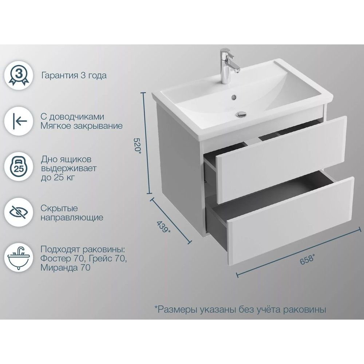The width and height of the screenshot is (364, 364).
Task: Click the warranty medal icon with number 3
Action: [19, 75]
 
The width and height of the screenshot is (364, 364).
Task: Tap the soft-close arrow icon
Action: [19, 121]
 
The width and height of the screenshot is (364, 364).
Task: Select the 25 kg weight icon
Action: [19, 166]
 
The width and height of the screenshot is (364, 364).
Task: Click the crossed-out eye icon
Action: [19, 212]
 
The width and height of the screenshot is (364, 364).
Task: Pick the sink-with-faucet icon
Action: [19, 258]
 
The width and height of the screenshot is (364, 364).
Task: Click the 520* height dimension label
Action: [138, 145]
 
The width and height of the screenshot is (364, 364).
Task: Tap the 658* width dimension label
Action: [307, 259]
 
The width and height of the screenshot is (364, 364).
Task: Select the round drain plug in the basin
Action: [241, 114]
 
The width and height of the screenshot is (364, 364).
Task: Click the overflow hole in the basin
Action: [234, 98]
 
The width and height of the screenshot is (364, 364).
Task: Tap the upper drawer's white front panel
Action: [281, 159]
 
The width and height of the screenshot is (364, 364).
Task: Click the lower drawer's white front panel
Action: [290, 221]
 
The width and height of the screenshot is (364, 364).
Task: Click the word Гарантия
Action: [60, 75]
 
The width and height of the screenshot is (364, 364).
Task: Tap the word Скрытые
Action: [59, 208]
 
